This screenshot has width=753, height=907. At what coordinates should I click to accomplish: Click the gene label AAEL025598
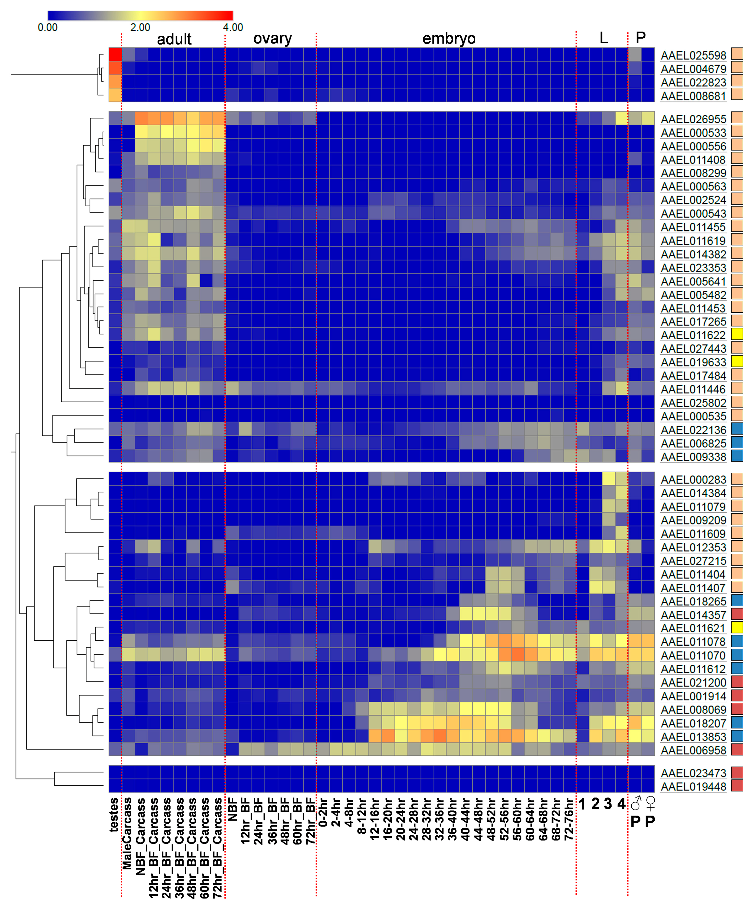[x=693, y=55]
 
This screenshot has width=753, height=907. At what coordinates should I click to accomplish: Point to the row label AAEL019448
[x=693, y=787]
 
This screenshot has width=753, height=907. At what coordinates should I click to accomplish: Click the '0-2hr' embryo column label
[x=323, y=812]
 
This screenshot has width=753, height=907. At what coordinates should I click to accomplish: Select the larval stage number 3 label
[x=608, y=804]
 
